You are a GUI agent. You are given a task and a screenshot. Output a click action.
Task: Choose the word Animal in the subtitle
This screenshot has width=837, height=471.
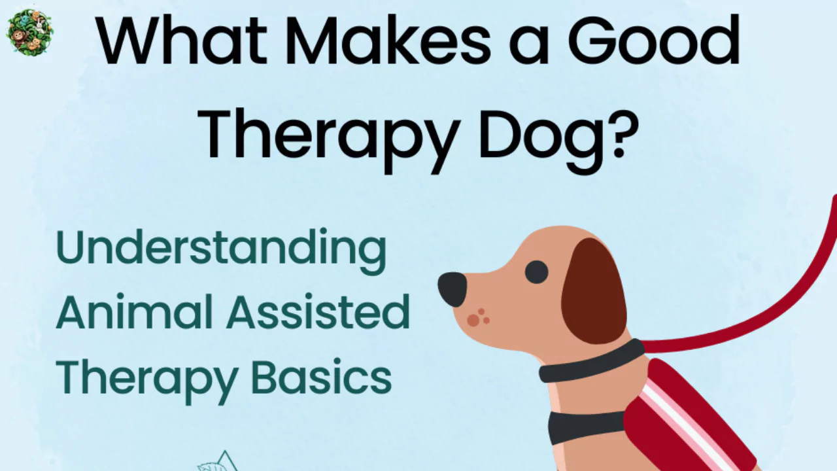(x=135, y=312)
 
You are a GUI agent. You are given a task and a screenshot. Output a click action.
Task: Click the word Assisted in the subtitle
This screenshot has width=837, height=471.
(x=318, y=312)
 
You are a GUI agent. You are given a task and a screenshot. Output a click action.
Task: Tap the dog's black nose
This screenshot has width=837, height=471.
(x=452, y=288)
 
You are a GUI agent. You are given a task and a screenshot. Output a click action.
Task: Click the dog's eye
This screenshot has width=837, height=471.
(x=536, y=271)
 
